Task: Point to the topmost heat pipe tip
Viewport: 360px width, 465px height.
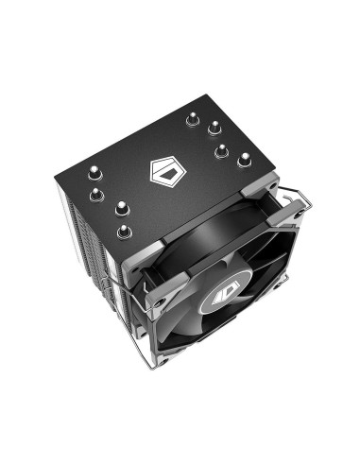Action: (194, 120)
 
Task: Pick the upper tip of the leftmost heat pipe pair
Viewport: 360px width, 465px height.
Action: (96, 172)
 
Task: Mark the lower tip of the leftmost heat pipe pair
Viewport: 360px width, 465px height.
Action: (95, 195)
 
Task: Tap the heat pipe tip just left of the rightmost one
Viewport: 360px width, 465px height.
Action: (220, 149)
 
